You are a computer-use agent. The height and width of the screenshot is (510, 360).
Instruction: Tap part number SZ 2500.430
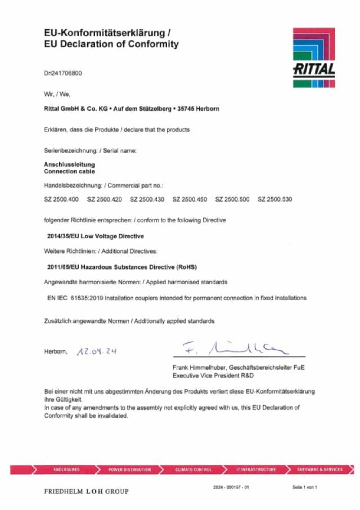(x=147, y=199)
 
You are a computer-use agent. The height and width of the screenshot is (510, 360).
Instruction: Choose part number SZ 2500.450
(x=190, y=199)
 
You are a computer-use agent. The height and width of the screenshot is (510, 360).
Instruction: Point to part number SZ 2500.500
(x=233, y=199)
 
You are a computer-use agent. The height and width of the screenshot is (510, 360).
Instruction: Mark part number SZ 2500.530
(x=275, y=199)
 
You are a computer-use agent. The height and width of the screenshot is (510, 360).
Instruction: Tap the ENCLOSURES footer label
(x=66, y=469)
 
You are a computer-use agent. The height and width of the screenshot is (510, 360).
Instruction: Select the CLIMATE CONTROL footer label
(x=193, y=469)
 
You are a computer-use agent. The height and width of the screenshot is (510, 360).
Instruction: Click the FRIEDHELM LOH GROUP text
(x=86, y=491)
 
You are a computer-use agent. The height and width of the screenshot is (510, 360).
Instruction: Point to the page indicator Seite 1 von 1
(x=305, y=486)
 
